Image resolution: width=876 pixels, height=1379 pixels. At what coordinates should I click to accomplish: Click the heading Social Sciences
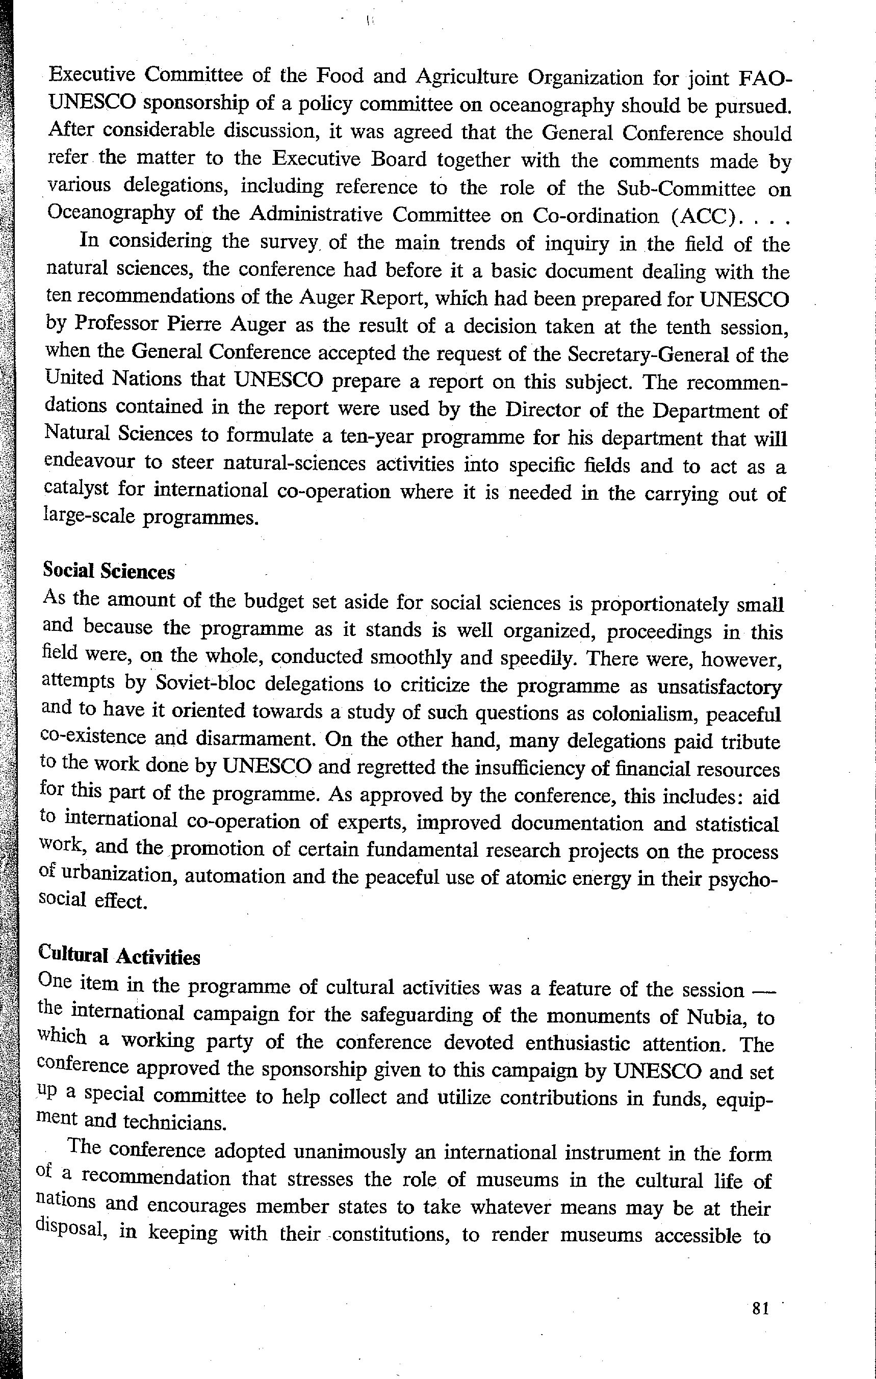109,571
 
